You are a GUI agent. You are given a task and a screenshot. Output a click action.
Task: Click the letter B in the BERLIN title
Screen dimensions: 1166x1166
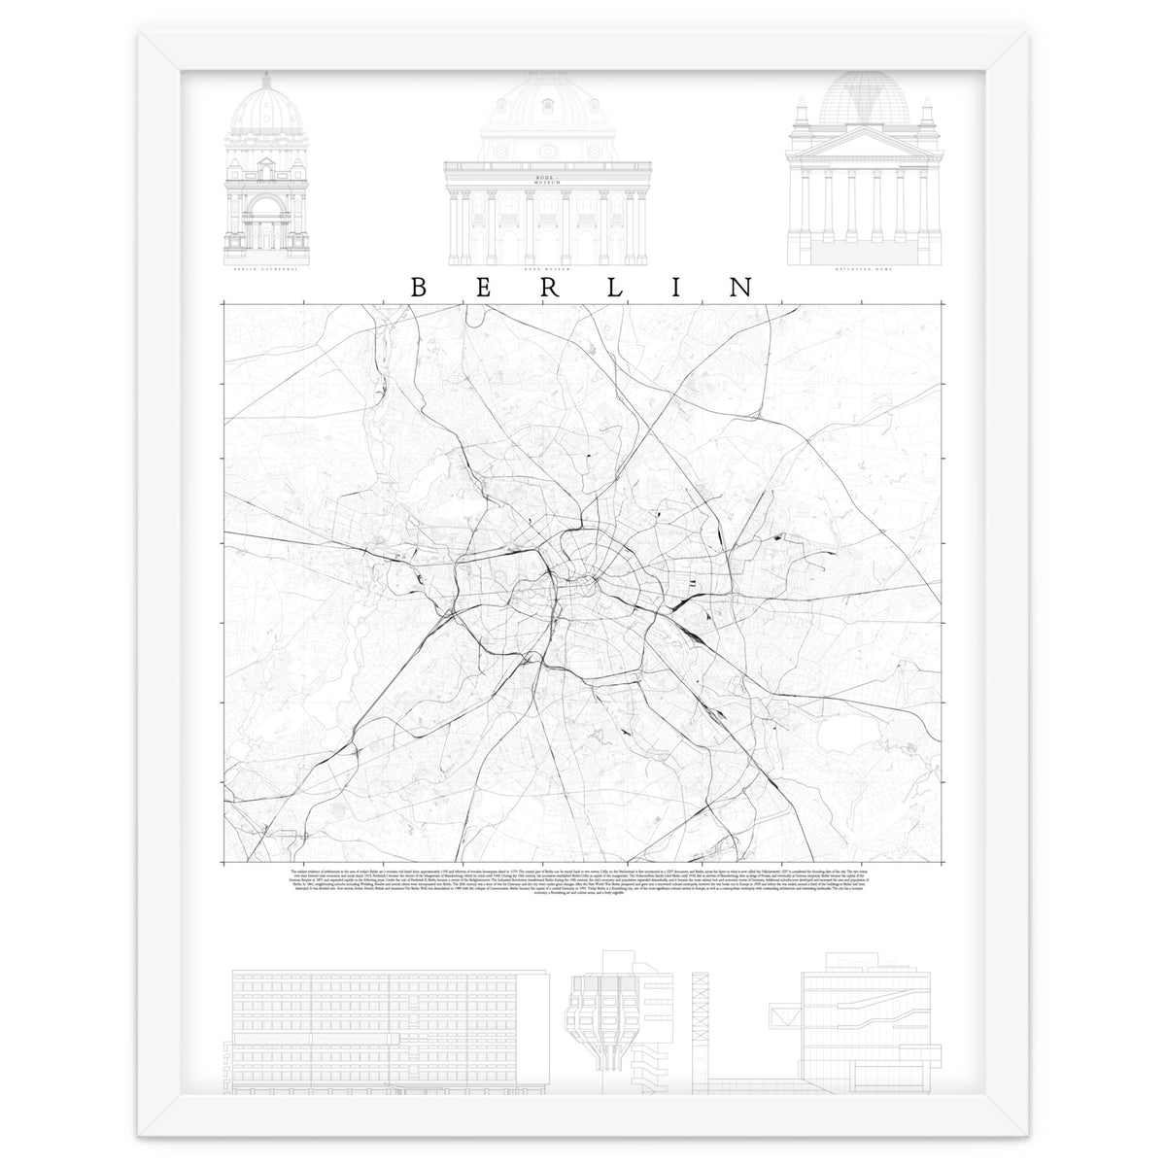(x=417, y=288)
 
